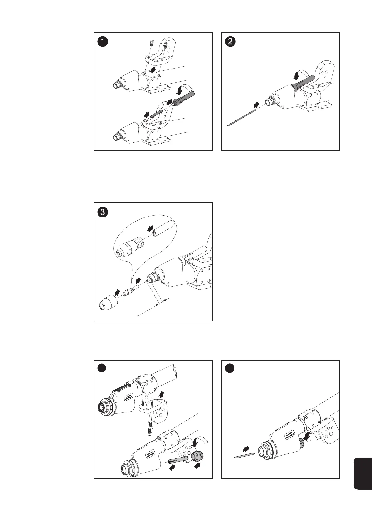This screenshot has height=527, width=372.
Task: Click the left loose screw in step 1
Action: [152, 43]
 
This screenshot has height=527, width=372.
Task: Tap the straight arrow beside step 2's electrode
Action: [256, 105]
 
